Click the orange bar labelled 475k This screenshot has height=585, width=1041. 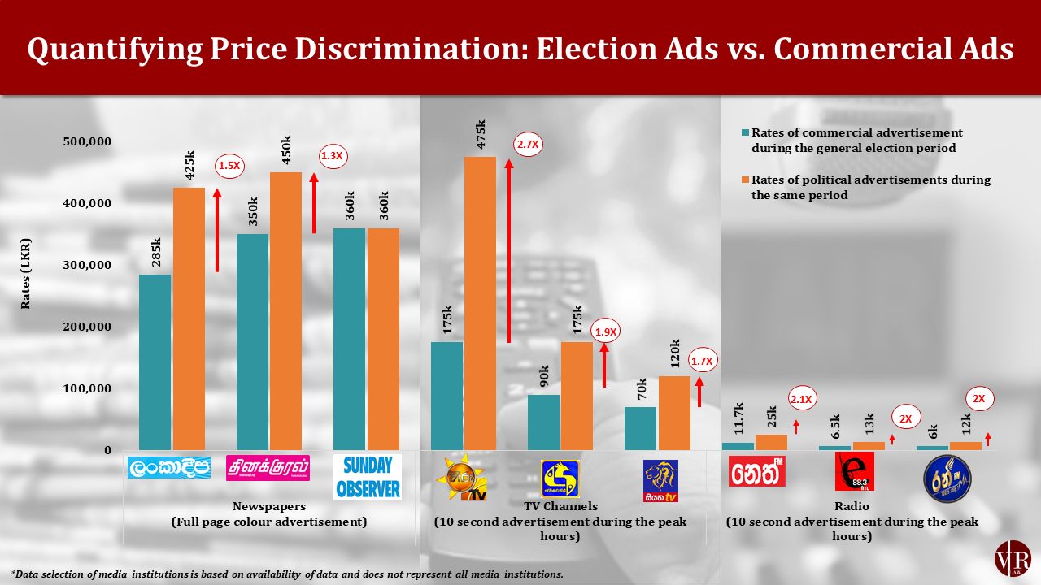click(x=480, y=302)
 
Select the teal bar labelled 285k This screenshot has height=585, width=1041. click(x=155, y=362)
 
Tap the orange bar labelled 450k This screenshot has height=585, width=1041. click(x=285, y=310)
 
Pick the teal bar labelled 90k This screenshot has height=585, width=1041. click(x=543, y=422)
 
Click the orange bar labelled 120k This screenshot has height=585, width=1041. click(x=673, y=412)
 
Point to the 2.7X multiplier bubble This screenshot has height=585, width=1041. click(x=528, y=145)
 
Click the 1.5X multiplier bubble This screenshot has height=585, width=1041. click(x=229, y=166)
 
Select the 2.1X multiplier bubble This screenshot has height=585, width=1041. click(x=802, y=398)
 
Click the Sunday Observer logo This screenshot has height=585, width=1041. click(x=368, y=477)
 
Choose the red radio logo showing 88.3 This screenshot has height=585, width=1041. click(x=854, y=472)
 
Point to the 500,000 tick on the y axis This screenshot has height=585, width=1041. click(x=87, y=141)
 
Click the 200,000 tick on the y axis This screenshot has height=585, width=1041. click(x=87, y=327)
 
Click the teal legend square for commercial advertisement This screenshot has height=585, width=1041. click(x=744, y=132)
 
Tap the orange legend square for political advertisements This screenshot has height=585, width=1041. click(x=744, y=180)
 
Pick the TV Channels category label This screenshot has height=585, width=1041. click(x=560, y=506)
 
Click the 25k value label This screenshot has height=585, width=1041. click(x=772, y=416)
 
